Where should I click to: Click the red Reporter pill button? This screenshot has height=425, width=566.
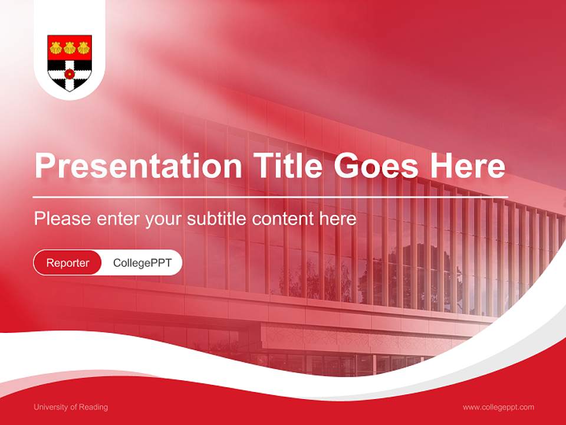67,263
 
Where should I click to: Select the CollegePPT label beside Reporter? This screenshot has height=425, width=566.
142,263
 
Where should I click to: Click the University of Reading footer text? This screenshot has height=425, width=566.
71,407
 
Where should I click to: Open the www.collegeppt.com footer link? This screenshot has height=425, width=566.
498,407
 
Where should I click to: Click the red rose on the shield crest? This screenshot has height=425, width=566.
70,73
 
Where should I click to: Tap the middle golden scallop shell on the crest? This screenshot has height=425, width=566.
70,48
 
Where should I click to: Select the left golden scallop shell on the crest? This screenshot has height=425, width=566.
56,48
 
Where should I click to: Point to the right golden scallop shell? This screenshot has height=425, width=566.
83,48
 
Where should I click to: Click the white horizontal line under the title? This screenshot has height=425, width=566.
270,197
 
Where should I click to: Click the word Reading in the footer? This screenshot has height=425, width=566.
94,407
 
